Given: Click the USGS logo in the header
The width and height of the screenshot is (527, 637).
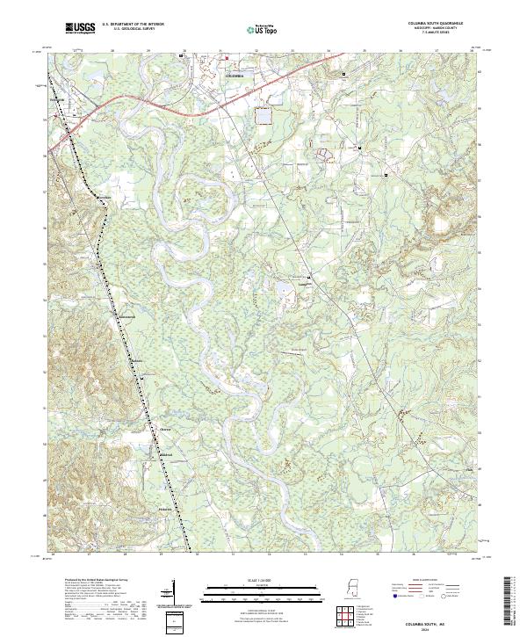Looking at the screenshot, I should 81,28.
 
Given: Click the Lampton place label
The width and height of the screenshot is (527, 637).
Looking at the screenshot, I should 303,283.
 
